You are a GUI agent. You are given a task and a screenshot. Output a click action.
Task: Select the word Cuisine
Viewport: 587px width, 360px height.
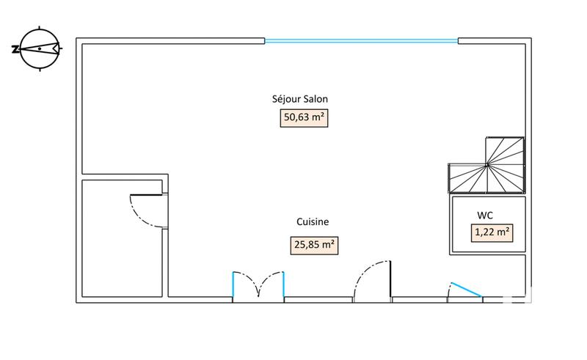click(x=312, y=222)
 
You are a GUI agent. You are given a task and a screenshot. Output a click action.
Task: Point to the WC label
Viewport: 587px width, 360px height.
click(x=484, y=216)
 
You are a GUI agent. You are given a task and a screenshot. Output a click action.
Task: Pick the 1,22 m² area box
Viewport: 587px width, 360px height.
click(x=492, y=233)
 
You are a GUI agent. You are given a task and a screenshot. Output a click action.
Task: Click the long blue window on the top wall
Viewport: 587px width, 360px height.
click(x=361, y=40)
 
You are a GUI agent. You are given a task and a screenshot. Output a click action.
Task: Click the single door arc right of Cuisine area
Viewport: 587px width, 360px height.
click(x=371, y=282)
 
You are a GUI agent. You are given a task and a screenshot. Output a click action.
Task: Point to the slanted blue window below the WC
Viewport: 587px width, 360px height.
click(x=465, y=290)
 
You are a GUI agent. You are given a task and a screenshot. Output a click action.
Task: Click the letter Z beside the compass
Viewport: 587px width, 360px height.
click(x=15, y=49)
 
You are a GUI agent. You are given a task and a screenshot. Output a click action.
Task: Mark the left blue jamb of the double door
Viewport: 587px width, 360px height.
click(x=233, y=284)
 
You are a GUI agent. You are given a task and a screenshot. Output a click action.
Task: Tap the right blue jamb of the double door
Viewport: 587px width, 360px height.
click(x=283, y=284)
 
